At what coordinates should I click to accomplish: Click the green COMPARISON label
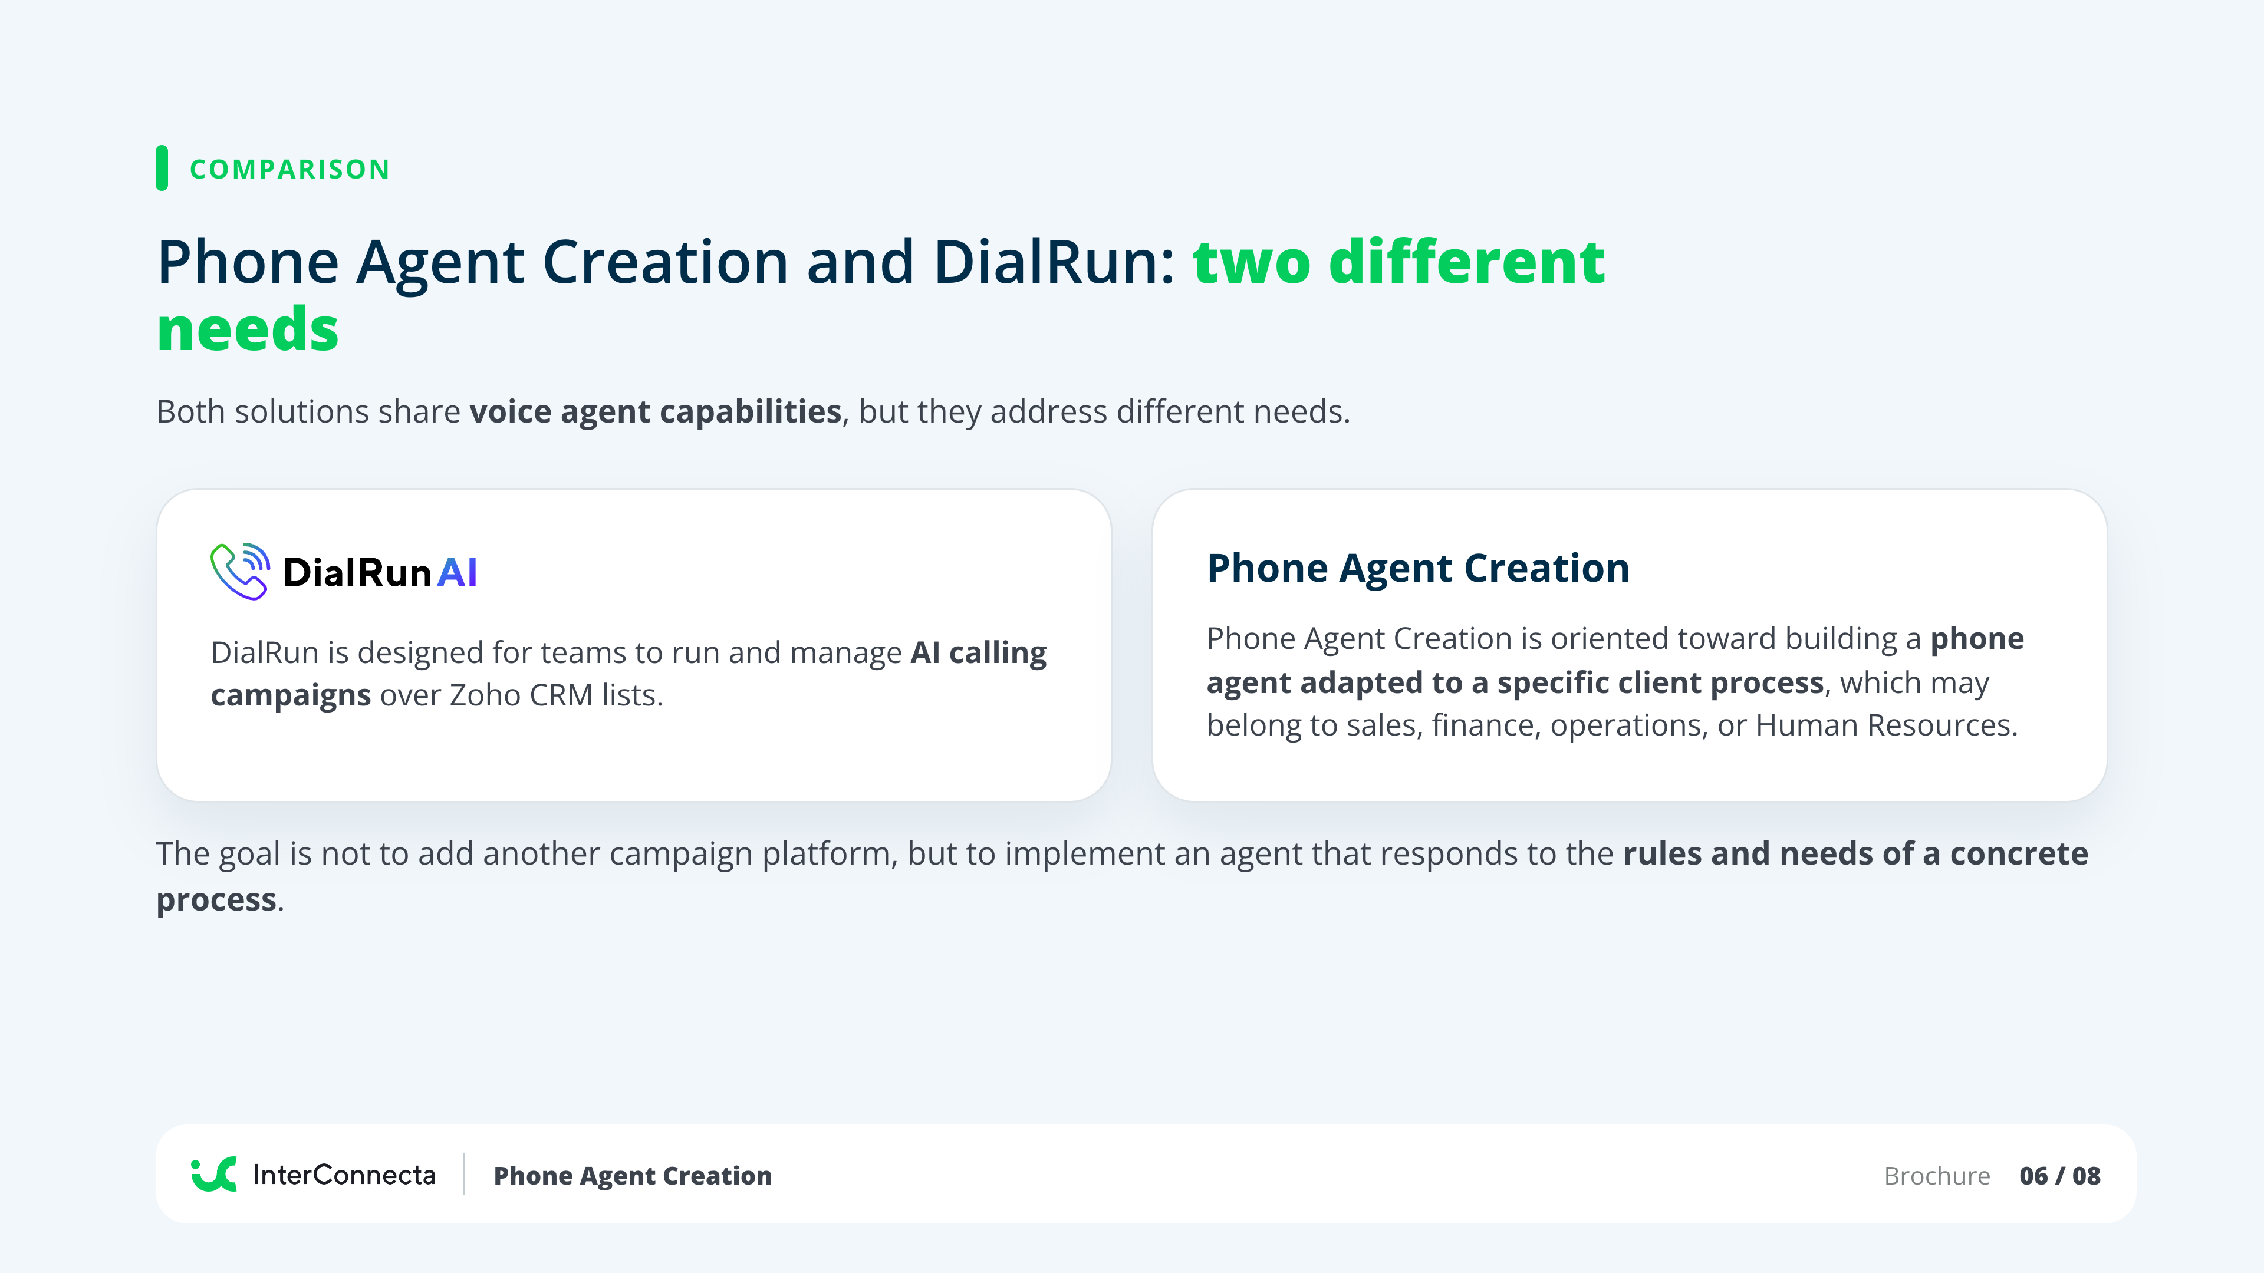[290, 169]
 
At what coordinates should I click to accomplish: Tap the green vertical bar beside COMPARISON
[162, 168]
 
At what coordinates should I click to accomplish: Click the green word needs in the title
[248, 329]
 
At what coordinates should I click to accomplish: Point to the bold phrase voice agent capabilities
[656, 411]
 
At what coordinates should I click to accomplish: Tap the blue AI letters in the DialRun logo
[457, 573]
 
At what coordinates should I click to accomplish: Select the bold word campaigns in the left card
[291, 696]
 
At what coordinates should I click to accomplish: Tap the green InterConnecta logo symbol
[213, 1175]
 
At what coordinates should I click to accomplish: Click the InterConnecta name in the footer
[344, 1175]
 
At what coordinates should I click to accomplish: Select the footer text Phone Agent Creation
[633, 1176]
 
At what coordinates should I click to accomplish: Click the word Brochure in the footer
[1937, 1176]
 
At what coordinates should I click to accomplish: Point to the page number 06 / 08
[2060, 1176]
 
